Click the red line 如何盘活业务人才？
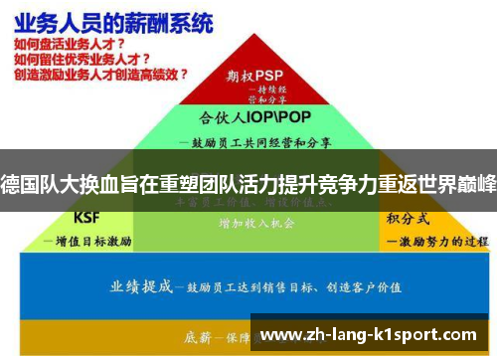[70, 45]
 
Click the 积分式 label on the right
[407, 218]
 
